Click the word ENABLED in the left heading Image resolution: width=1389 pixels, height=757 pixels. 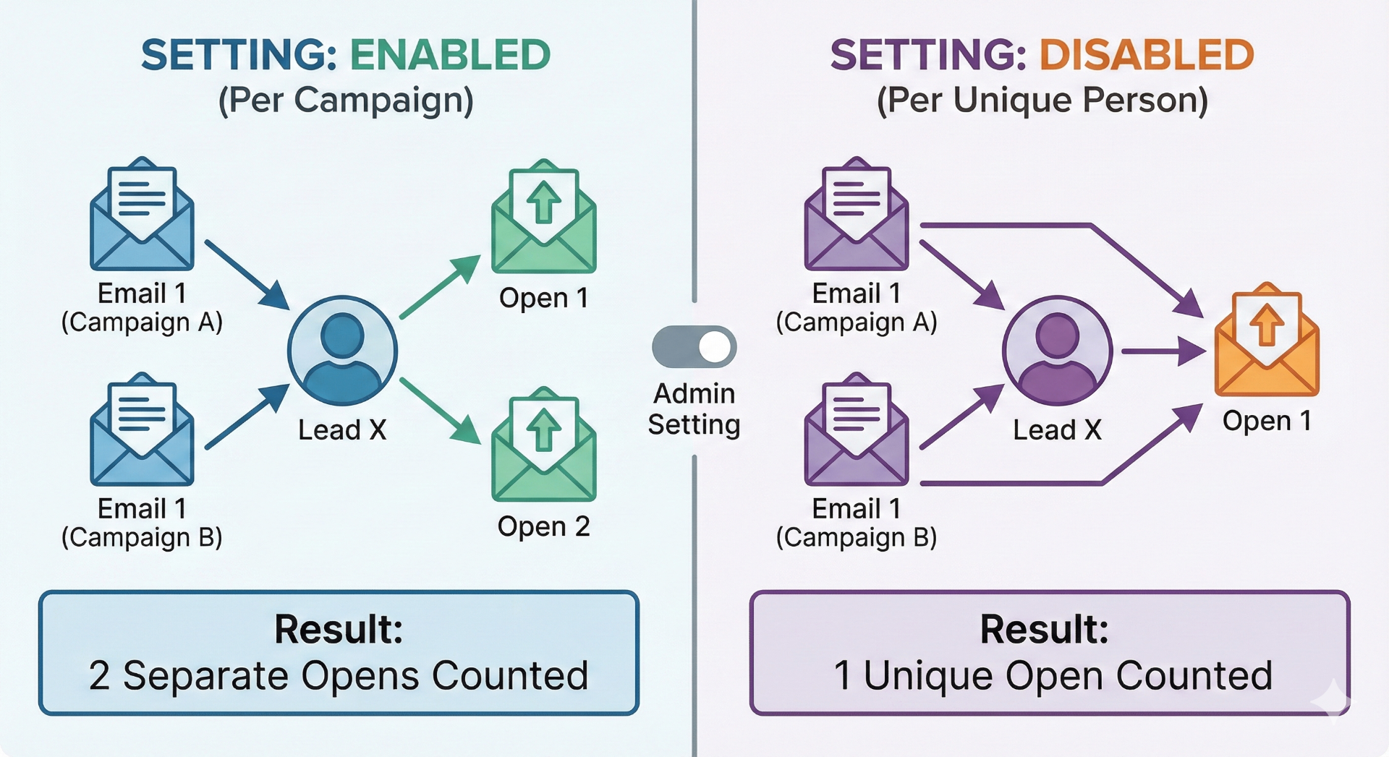tap(450, 55)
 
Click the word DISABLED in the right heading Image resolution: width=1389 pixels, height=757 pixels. tap(1146, 55)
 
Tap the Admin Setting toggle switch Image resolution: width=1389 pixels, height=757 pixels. tap(694, 347)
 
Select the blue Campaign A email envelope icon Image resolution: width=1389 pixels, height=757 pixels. tap(142, 217)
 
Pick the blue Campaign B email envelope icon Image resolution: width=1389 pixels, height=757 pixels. tap(142, 432)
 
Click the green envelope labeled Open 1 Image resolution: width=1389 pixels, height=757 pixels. tap(543, 219)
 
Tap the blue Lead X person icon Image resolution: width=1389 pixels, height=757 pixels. tap(342, 351)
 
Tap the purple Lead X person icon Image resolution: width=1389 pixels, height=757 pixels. tap(1057, 351)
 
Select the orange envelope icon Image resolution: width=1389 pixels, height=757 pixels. tap(1267, 343)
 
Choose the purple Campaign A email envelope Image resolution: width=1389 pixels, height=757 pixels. tap(857, 217)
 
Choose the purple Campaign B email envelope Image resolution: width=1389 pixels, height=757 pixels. tap(857, 432)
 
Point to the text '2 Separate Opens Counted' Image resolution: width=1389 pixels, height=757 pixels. tap(339, 676)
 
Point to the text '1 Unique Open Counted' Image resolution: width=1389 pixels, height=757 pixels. tap(1053, 676)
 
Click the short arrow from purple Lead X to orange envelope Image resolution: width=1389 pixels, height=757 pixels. tap(1162, 352)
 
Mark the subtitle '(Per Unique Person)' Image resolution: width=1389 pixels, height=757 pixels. tap(1042, 100)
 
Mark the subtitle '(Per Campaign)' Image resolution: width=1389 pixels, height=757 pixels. tap(346, 100)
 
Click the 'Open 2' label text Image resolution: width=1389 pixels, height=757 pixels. tap(543, 526)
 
